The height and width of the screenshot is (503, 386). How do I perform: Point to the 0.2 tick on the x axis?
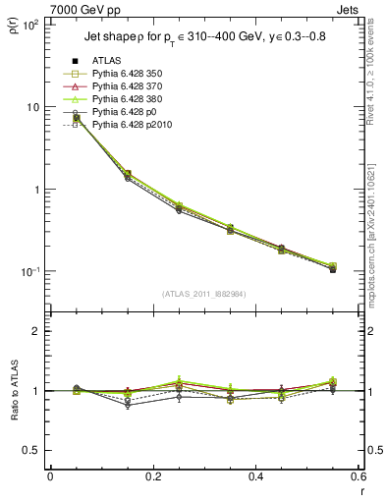[152, 475]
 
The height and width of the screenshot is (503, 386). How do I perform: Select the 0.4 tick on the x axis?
[255, 475]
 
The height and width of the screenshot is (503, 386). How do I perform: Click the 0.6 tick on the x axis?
[358, 475]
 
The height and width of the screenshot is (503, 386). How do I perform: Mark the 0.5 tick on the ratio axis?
[37, 451]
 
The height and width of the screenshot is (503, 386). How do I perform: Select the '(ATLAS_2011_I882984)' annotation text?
[203, 294]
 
